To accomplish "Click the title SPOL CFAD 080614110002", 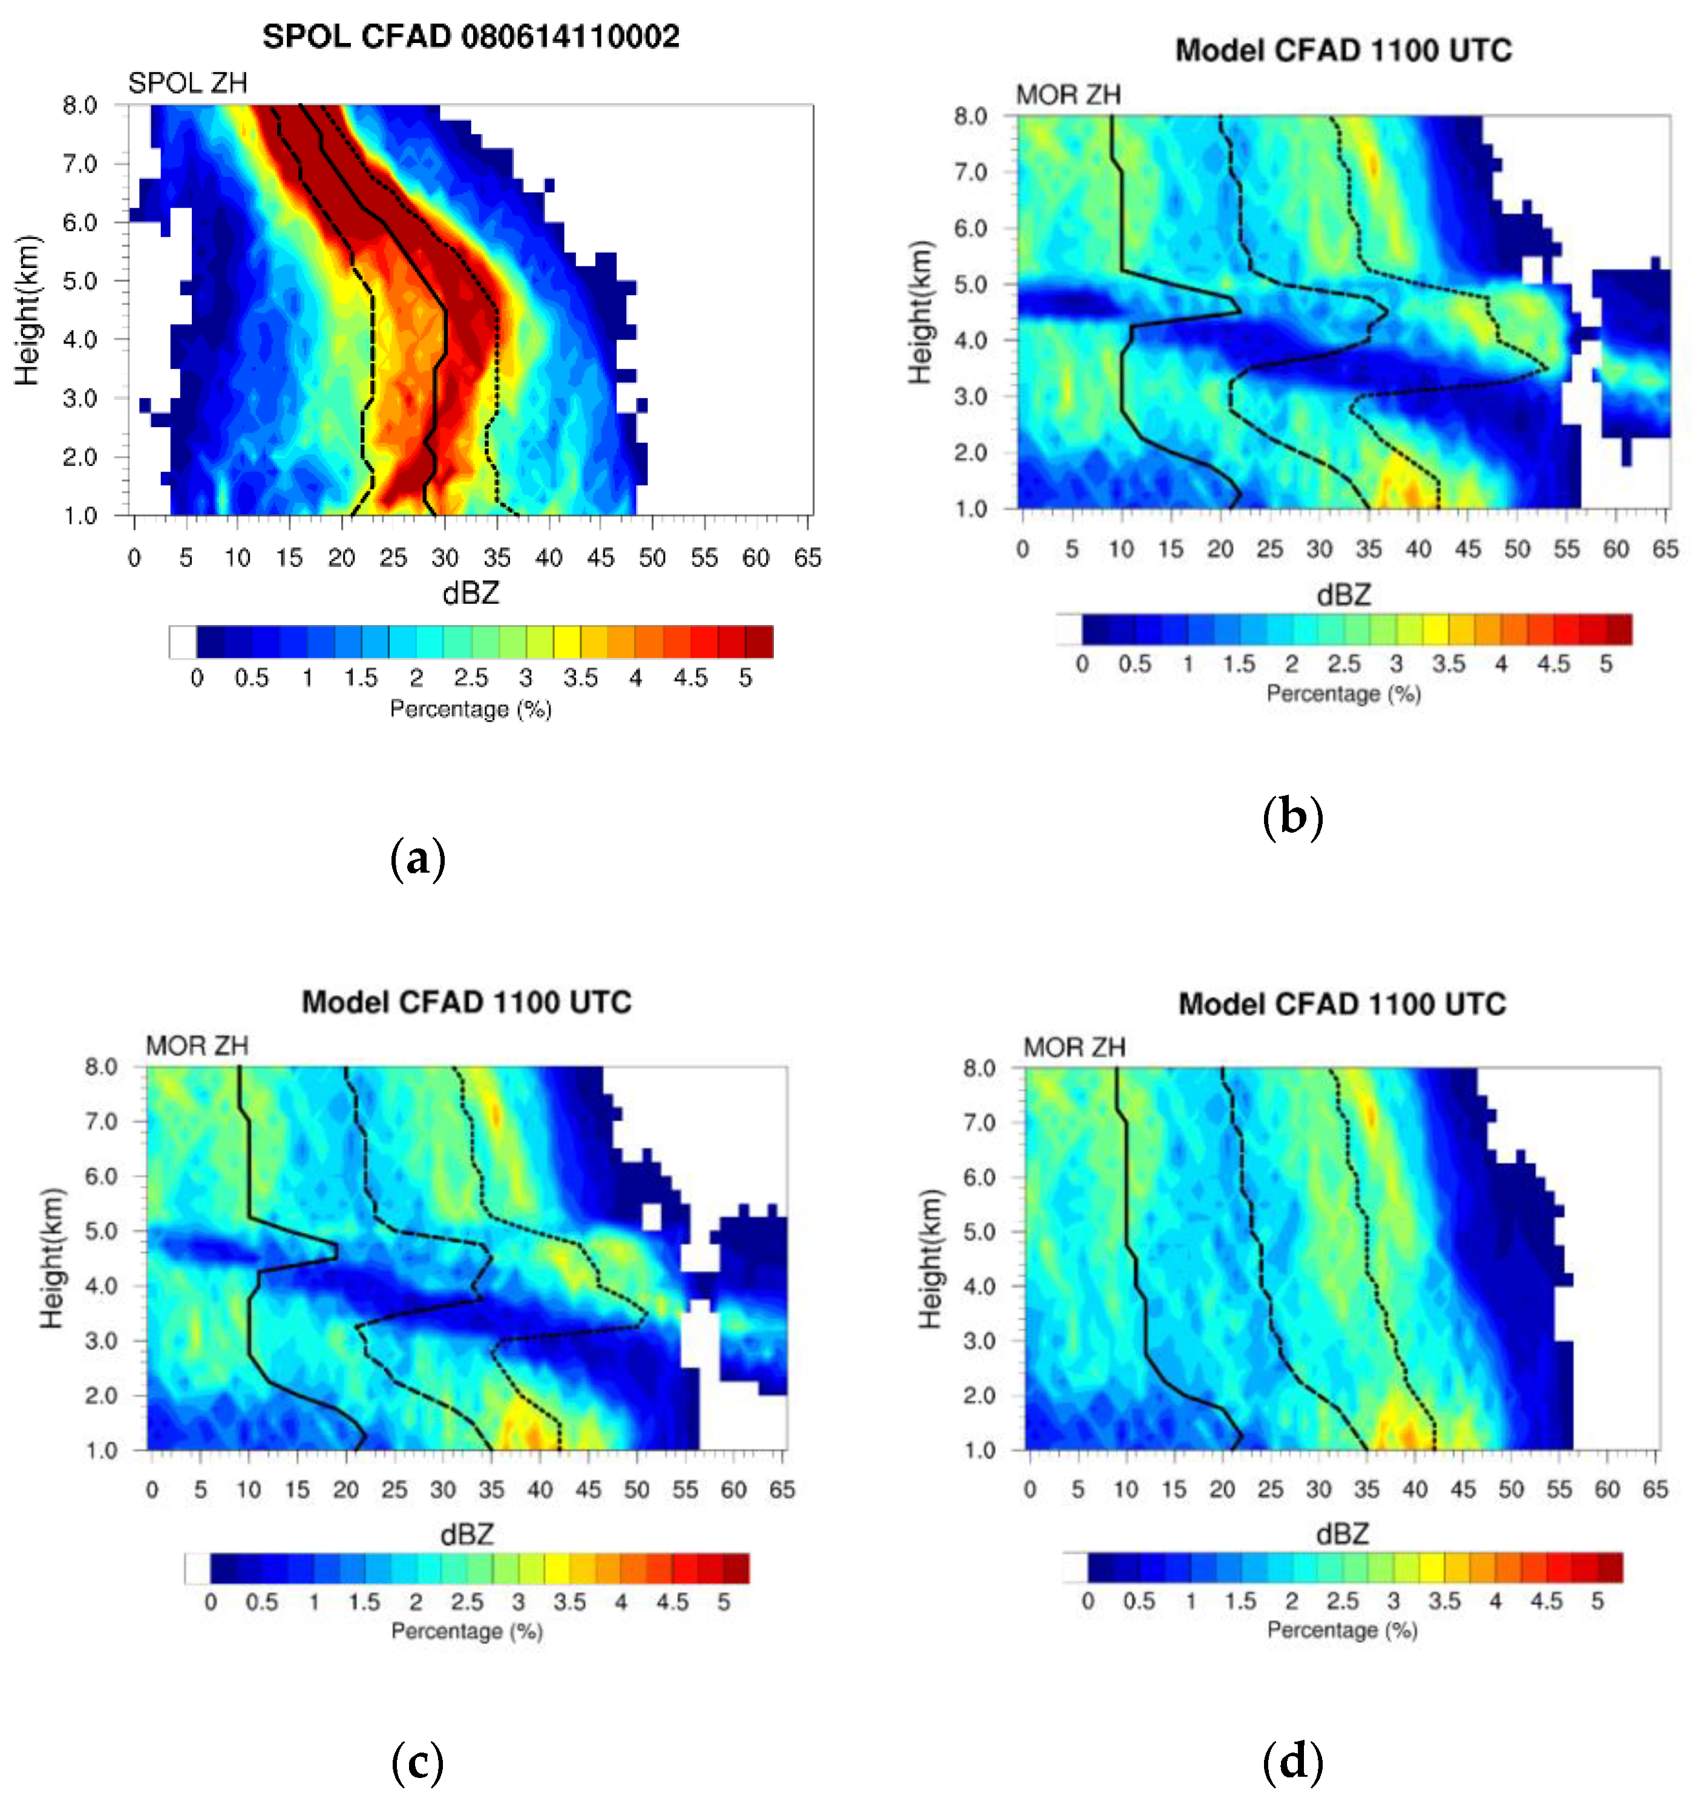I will [x=471, y=37].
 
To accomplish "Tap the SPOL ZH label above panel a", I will [x=188, y=84].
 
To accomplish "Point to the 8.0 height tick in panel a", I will [x=80, y=105].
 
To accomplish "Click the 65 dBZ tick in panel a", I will [x=808, y=557].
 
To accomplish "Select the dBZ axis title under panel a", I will [x=471, y=594].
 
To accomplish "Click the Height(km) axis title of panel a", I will [x=27, y=310].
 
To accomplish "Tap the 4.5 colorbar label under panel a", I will [x=690, y=678].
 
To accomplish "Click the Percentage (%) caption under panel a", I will [x=471, y=709].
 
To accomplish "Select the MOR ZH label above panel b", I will [x=1068, y=95].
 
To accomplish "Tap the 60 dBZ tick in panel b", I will [x=1616, y=549].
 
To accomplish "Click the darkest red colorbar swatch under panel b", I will [x=1620, y=629].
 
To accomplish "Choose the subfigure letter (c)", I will [x=418, y=1763].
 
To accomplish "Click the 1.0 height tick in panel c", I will [x=102, y=1450].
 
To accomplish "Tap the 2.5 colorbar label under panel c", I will [x=467, y=1602].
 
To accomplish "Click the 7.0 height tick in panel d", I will [x=980, y=1123].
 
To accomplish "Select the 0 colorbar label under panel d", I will [x=1088, y=1601].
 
